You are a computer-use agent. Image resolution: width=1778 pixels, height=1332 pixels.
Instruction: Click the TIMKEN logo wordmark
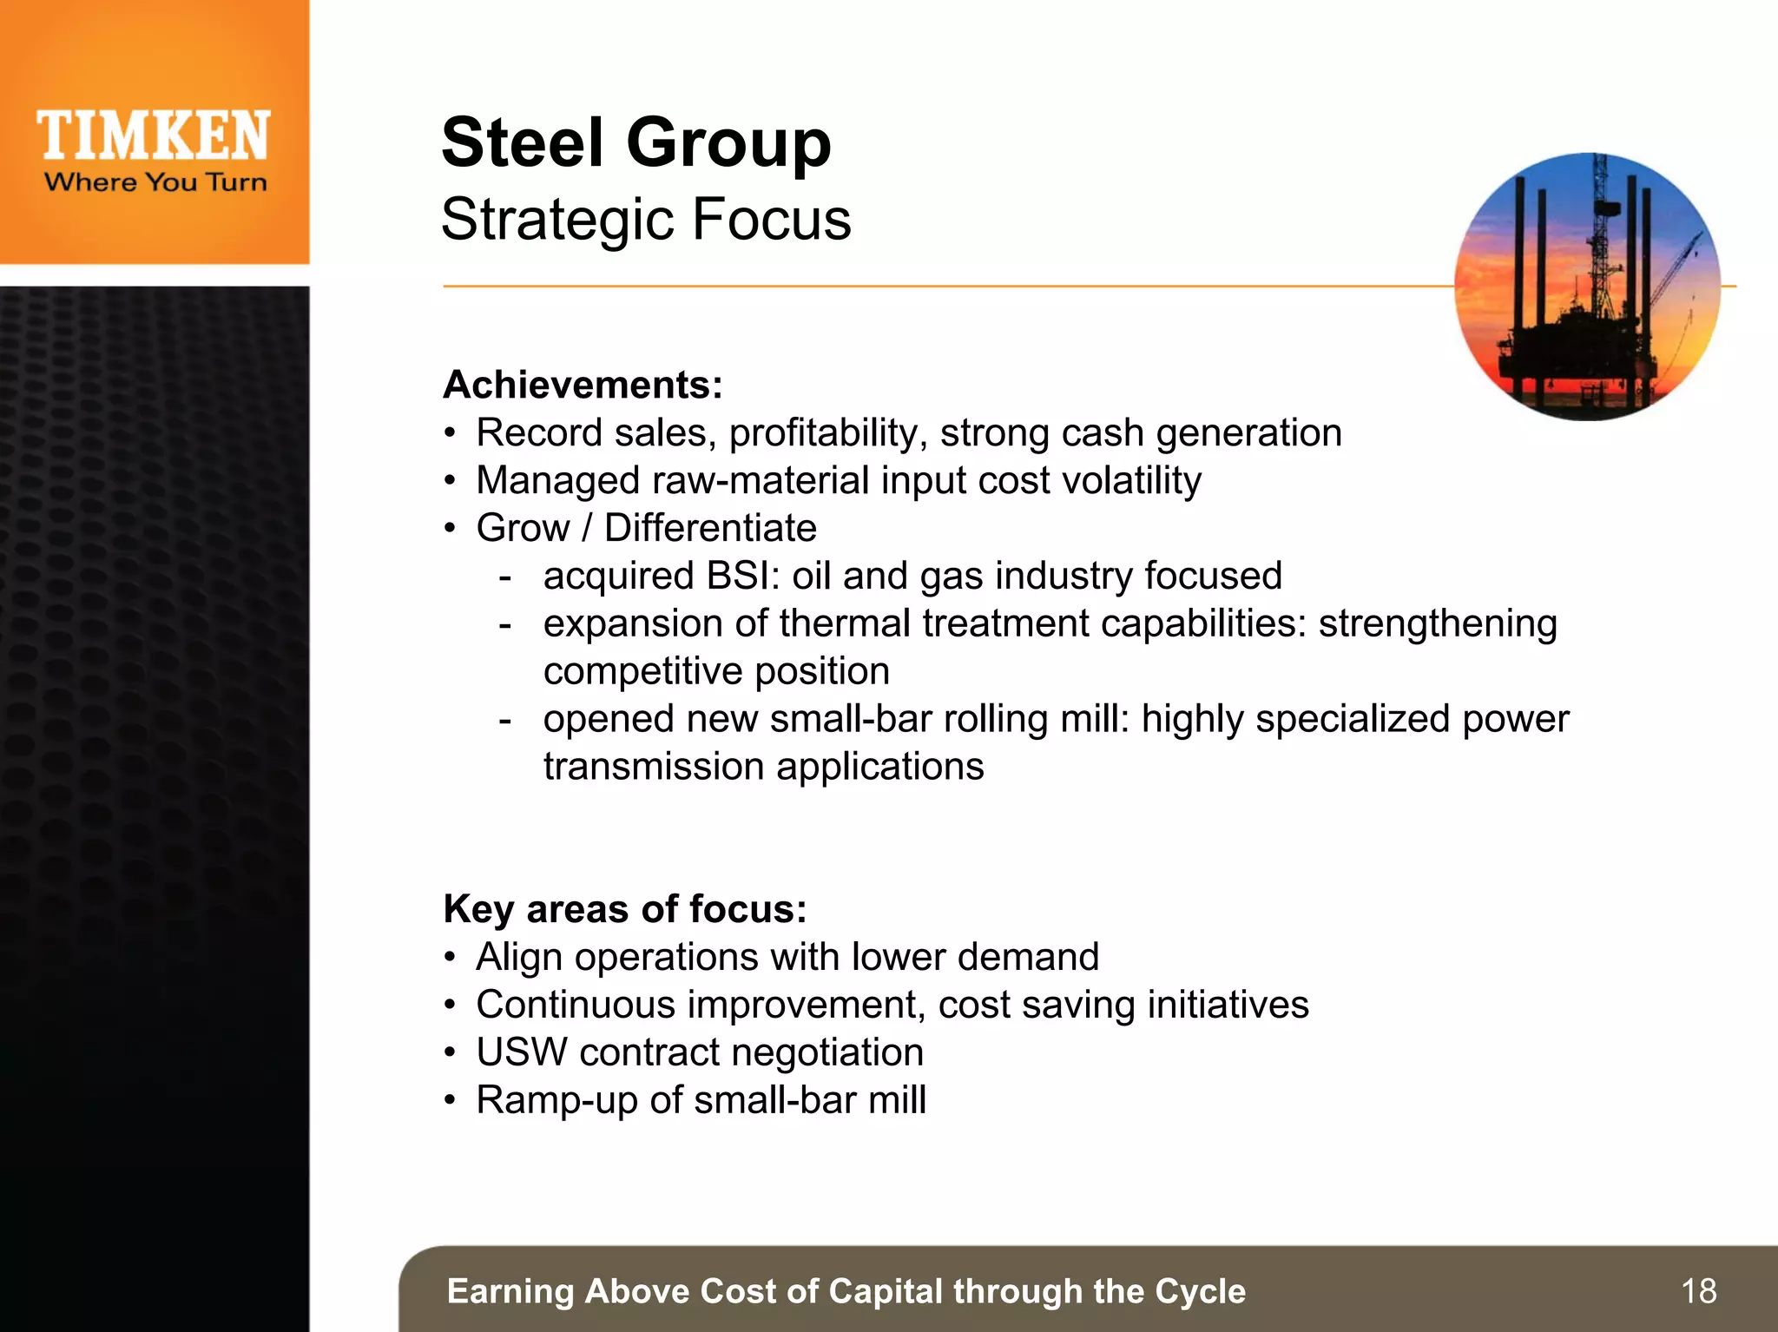click(154, 136)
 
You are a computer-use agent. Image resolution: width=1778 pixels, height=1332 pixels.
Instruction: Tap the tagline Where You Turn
click(155, 182)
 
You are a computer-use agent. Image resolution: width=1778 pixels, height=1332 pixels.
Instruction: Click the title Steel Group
click(635, 142)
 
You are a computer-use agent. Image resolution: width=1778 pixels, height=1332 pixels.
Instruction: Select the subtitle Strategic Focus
click(646, 219)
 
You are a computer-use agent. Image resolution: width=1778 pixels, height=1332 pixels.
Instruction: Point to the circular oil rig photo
click(1587, 287)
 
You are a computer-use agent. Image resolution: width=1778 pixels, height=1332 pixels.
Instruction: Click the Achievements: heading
click(583, 385)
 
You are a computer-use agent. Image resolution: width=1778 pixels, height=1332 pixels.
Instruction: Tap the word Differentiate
click(710, 528)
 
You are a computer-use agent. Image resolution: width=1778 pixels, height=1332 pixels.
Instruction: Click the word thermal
click(844, 623)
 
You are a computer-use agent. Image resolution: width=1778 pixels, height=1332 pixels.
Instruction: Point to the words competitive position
click(716, 671)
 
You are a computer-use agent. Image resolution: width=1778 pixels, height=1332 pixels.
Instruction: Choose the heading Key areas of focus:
click(624, 909)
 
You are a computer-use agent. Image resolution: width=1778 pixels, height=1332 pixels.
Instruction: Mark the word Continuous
click(575, 1005)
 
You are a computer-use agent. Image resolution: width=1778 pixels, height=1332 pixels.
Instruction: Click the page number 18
click(1698, 1291)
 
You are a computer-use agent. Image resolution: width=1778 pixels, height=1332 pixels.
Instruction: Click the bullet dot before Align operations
click(449, 958)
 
